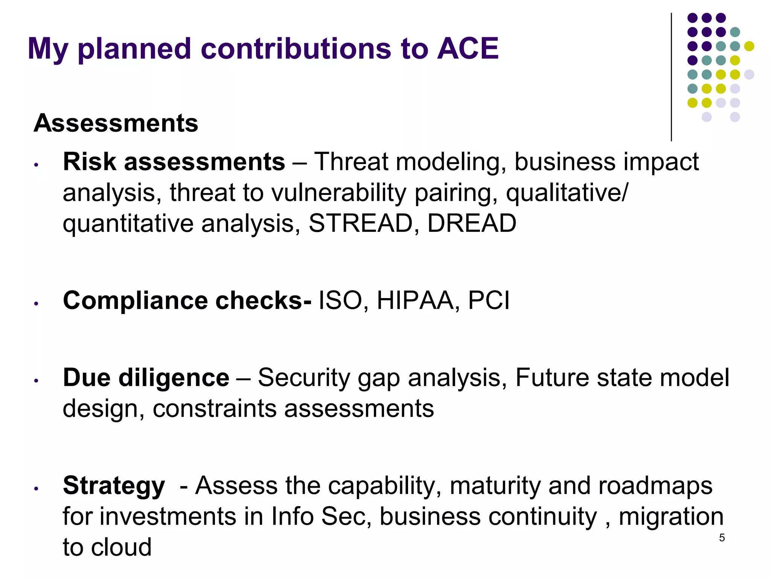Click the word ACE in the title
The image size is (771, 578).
468,49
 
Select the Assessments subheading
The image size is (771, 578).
116,123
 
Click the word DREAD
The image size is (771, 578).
472,223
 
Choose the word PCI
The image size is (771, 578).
489,301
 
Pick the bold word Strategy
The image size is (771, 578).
114,486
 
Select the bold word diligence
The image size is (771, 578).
174,378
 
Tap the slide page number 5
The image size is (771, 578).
722,538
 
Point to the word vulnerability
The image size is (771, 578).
339,193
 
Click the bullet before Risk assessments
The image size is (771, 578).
36,165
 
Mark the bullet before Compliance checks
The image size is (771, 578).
36,303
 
